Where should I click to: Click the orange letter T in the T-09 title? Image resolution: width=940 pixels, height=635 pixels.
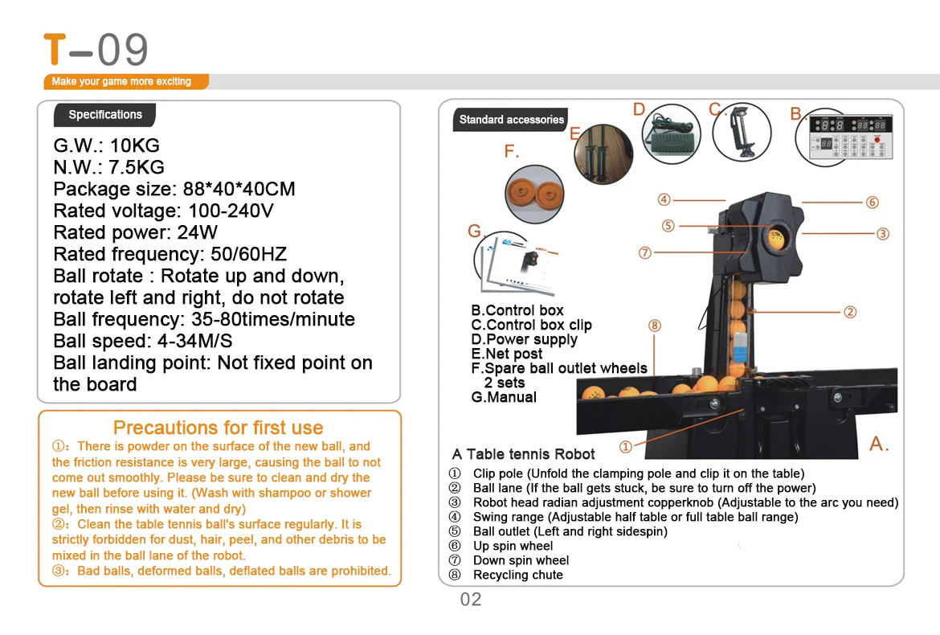coord(55,49)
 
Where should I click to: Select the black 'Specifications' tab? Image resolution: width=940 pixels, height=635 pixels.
coord(105,115)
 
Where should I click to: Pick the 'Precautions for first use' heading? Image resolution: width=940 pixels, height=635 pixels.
coord(218,428)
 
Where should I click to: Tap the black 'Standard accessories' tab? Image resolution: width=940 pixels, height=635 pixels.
coord(512,120)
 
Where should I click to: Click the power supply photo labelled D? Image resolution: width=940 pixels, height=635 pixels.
coord(672,135)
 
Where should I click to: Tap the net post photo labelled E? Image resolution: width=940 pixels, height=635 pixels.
coord(603,154)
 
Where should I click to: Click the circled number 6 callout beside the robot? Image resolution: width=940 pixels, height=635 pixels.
coord(872,203)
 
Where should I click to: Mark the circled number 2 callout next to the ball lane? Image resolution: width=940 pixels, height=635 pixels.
coord(850,312)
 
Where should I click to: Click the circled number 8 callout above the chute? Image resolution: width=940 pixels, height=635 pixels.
coord(654,326)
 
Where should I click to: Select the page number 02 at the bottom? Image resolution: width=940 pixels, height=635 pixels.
coord(471,600)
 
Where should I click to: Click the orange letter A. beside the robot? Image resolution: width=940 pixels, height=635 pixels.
coord(879,444)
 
